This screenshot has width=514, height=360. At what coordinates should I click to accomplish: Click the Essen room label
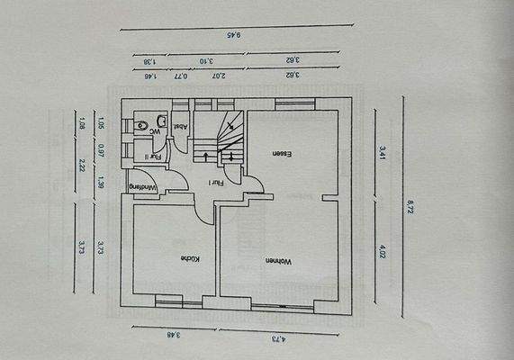[x=281, y=154]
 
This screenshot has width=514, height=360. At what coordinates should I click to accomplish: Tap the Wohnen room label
[x=275, y=261]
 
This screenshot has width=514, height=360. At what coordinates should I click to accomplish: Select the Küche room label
[x=190, y=259]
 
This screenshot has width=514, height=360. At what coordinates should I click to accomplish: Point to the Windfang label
[x=143, y=187]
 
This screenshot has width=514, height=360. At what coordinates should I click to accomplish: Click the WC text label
[x=155, y=131]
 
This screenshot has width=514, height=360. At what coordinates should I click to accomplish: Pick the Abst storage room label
[x=180, y=128]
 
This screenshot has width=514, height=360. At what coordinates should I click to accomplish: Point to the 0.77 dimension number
[x=181, y=77]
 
